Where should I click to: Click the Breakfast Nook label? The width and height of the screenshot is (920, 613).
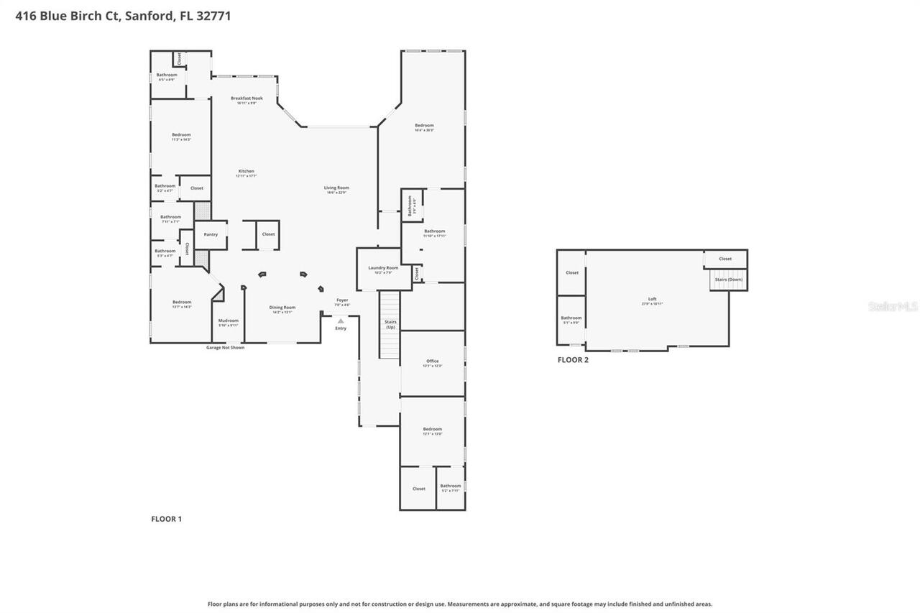point(247,98)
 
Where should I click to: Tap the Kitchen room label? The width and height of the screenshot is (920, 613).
point(247,172)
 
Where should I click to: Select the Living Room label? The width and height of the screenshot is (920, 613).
point(336,188)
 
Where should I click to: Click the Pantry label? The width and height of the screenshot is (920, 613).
point(211,234)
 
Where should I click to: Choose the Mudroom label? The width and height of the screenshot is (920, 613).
point(228,321)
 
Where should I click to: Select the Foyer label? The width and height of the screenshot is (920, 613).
point(342,300)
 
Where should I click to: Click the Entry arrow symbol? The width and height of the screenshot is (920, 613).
point(341,321)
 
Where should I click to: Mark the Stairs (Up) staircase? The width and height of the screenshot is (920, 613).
point(390,325)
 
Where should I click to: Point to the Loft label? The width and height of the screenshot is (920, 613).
point(652,300)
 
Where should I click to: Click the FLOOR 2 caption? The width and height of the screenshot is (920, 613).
point(573,360)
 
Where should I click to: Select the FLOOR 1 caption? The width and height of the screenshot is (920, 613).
point(166,519)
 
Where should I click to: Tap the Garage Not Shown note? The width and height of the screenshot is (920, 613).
point(225,348)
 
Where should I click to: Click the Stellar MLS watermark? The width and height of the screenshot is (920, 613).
point(893,306)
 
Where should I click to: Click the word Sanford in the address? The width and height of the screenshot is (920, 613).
point(149,16)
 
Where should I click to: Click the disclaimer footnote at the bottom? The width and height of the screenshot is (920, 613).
point(460,604)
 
